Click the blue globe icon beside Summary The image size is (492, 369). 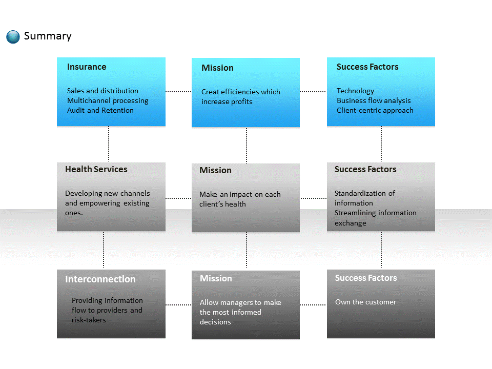[x=13, y=37]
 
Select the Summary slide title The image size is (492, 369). [x=48, y=36]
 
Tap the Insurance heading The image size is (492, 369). [x=87, y=67]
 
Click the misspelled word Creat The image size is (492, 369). [x=210, y=92]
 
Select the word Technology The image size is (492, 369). [x=355, y=91]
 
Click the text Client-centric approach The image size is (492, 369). [x=375, y=111]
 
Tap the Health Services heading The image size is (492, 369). [x=96, y=170]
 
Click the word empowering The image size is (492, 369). [x=99, y=203]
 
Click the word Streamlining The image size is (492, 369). [x=355, y=213]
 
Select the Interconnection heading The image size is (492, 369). [x=100, y=279]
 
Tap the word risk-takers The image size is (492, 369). [x=89, y=320]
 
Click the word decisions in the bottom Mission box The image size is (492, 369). [x=215, y=322]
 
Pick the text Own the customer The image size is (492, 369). [x=365, y=302]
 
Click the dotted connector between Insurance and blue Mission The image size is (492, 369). [x=178, y=92]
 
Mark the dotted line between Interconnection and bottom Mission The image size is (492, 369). [x=178, y=304]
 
